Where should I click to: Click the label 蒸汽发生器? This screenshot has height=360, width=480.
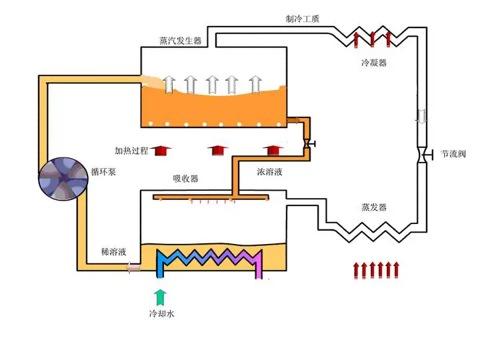click(180, 41)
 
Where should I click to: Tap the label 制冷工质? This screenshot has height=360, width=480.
click(303, 19)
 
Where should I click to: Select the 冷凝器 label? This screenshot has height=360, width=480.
click(374, 63)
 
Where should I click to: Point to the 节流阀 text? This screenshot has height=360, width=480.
click(453, 154)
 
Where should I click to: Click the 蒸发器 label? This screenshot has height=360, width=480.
click(374, 207)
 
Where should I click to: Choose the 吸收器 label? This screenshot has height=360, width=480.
click(185, 179)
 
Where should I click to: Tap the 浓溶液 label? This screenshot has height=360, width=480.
click(269, 172)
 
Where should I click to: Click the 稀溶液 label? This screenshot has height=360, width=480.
click(113, 252)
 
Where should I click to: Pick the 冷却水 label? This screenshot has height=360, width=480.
click(161, 313)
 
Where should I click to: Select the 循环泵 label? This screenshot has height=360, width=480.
click(103, 172)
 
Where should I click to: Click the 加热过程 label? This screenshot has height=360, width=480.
click(131, 150)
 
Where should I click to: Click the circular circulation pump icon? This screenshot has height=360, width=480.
click(63, 179)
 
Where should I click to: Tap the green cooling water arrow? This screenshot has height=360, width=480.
click(160, 297)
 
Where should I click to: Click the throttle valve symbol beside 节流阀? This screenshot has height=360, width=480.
click(424, 155)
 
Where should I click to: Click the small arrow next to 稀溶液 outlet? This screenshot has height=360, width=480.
click(133, 267)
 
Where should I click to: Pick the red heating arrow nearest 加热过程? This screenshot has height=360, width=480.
click(161, 150)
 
